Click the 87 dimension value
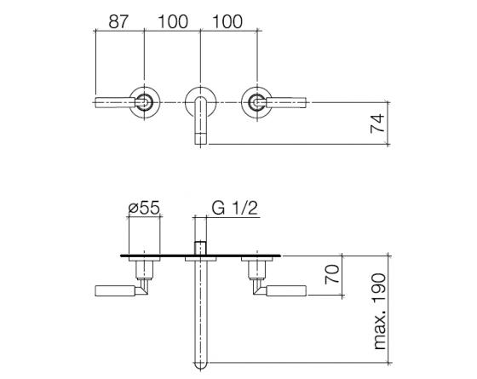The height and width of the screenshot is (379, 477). tap(120, 21)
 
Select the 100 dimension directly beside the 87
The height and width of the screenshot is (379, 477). tap(173, 21)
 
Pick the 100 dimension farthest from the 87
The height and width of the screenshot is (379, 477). tap(227, 21)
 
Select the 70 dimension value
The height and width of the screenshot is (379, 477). tap(334, 274)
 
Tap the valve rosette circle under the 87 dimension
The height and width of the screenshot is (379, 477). tap(145, 102)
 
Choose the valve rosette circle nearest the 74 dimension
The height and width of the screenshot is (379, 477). tap(256, 102)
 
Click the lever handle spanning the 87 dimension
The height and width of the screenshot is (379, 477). tap(115, 103)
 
